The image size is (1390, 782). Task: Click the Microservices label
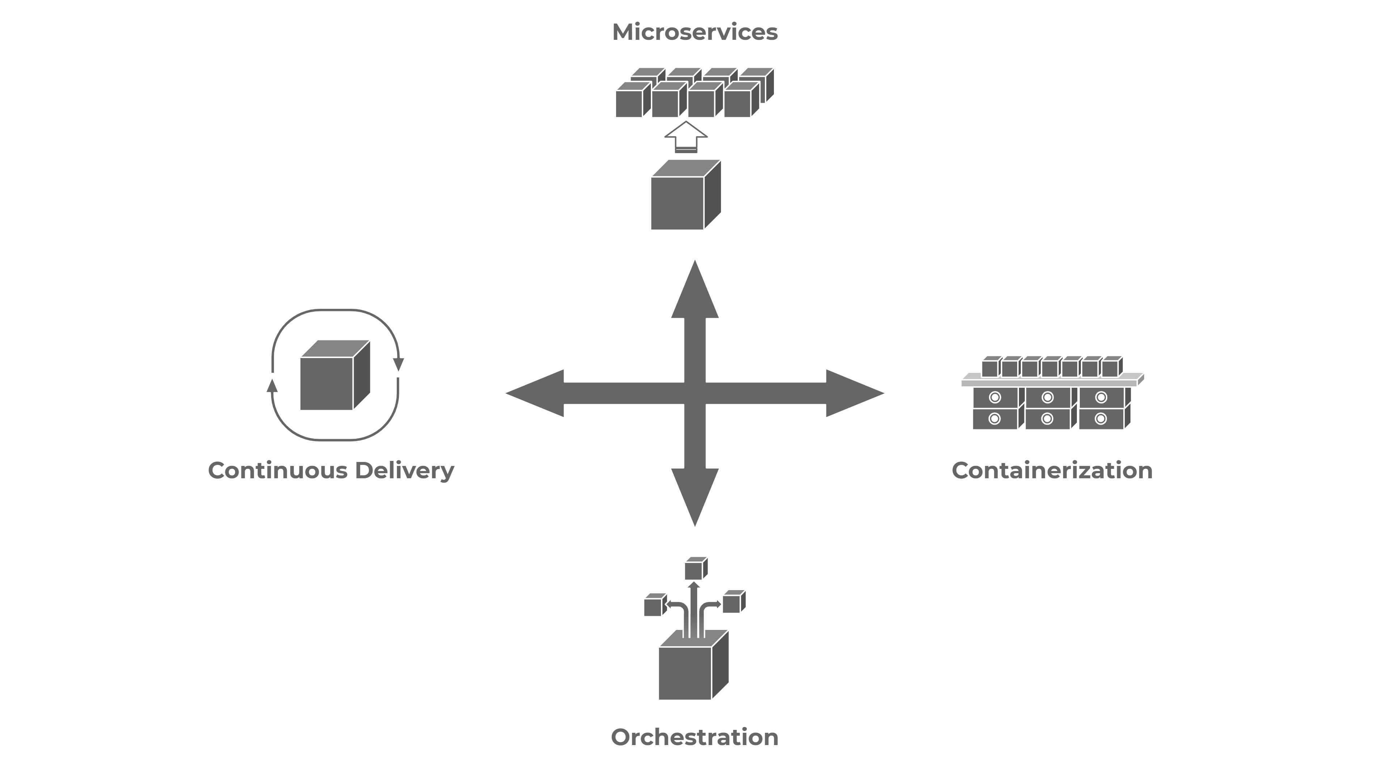[695, 32]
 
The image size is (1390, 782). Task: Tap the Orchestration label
[695, 737]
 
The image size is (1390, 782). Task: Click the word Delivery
[404, 471]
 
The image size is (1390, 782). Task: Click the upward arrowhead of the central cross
[695, 289]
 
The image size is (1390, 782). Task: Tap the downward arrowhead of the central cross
[695, 497]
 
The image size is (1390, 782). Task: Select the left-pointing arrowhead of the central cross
[535, 394]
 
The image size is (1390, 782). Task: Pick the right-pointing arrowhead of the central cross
[855, 394]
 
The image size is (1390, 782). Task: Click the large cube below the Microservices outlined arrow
[686, 195]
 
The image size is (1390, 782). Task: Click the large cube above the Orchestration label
[694, 665]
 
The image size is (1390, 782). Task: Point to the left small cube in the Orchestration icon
[656, 605]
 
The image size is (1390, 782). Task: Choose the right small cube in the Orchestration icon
[734, 601]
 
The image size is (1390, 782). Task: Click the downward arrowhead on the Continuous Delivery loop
[398, 365]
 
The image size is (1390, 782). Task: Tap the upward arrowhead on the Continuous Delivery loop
[273, 385]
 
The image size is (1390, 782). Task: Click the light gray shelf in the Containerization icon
[1053, 380]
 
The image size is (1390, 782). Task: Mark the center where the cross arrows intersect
[695, 394]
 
